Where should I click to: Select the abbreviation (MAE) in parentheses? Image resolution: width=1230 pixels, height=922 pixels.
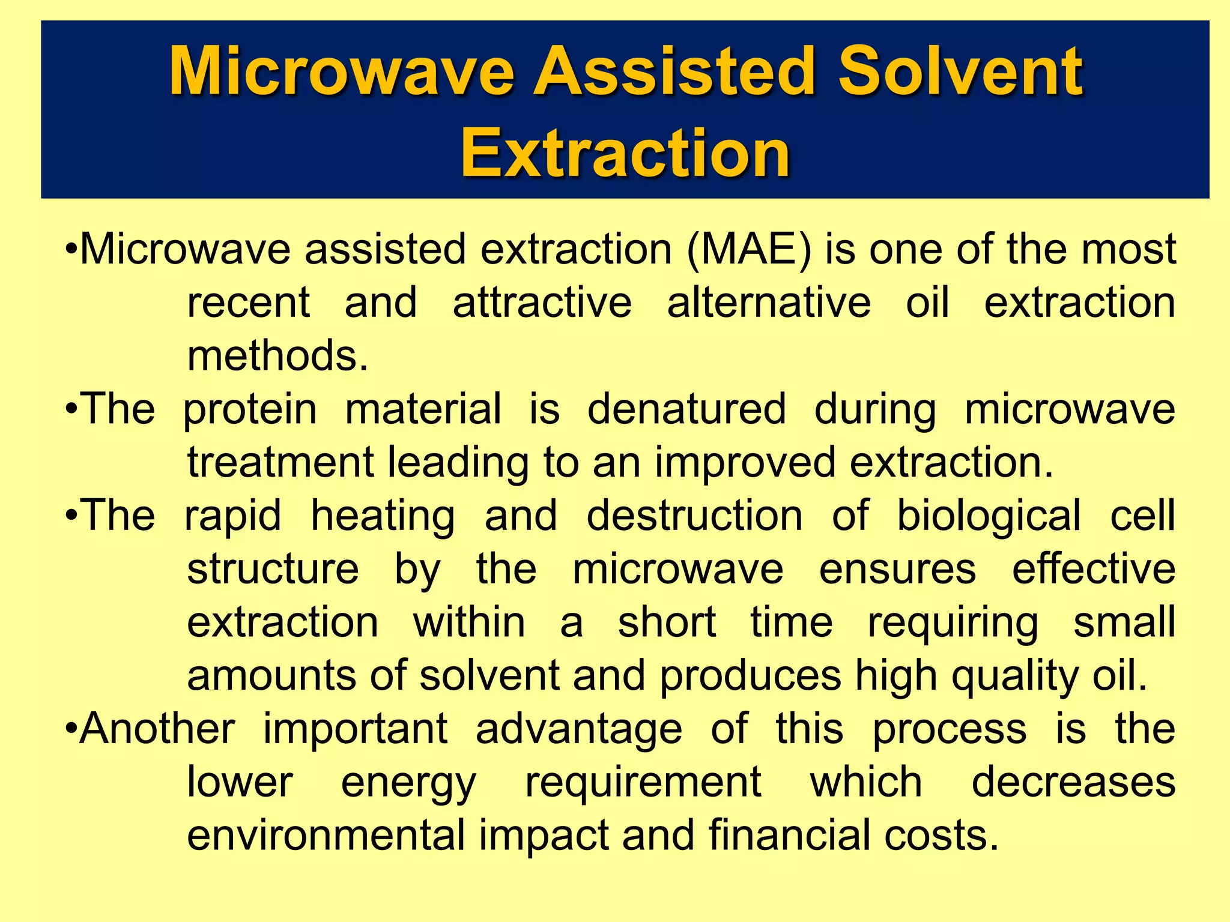tap(748, 249)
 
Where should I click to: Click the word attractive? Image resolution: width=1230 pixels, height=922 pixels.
tap(542, 303)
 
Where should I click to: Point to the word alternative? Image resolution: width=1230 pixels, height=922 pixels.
tap(768, 303)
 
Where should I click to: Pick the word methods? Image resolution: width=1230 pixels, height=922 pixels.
tap(277, 355)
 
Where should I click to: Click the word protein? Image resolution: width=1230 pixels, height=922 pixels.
tap(250, 410)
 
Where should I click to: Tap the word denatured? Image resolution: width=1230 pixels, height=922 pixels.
tap(686, 409)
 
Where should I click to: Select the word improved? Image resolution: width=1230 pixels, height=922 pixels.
tap(745, 463)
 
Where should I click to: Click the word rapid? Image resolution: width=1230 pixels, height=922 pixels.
tap(232, 516)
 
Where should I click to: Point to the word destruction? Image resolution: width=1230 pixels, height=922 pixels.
tap(694, 516)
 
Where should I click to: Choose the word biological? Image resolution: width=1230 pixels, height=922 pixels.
tap(989, 516)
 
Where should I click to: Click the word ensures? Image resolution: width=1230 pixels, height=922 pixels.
tap(897, 569)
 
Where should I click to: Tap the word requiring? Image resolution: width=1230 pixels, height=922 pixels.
tap(953, 623)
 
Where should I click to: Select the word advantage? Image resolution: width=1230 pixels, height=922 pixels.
tap(579, 730)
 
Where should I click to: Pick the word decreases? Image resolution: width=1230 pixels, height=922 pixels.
tap(1073, 782)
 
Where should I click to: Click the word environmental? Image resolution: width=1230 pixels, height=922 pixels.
tap(326, 835)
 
